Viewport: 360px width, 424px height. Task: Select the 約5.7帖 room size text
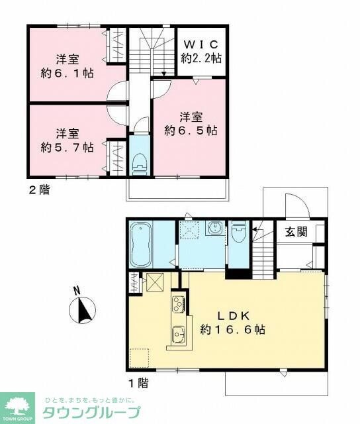66,146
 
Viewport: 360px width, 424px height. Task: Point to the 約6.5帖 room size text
191,131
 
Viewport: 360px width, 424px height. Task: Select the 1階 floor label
136,382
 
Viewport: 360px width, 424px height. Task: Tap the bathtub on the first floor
141,243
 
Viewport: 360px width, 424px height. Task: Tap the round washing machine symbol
214,229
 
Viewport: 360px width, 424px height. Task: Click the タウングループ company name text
91,411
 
